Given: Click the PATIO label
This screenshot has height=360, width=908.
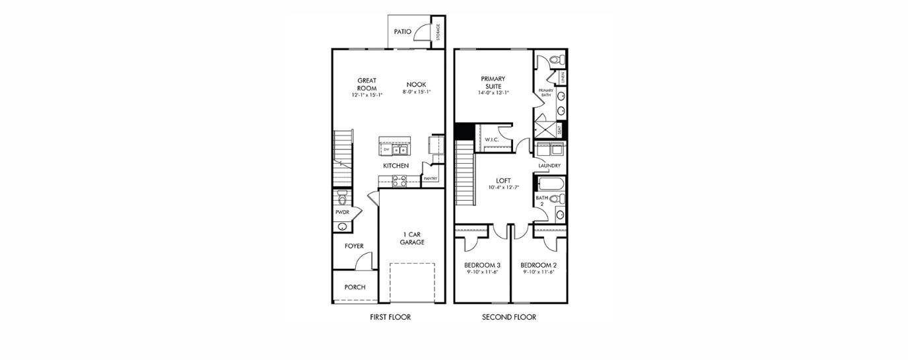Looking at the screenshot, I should click(x=403, y=32).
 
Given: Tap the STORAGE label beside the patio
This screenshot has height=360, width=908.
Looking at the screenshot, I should click(x=438, y=32).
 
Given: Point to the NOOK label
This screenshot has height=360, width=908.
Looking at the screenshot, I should click(x=416, y=85).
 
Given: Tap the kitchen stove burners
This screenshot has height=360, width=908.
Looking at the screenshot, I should click(x=400, y=180).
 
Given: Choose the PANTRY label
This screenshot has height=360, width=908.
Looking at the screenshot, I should click(x=431, y=178).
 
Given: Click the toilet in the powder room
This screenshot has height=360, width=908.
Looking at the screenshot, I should click(x=342, y=198).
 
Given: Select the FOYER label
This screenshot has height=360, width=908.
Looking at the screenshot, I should click(x=354, y=246).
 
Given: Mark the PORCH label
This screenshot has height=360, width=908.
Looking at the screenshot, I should click(x=355, y=287).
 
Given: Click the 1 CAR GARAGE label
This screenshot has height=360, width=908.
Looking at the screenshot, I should click(x=412, y=238).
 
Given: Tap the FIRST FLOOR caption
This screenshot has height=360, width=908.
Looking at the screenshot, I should click(x=390, y=318).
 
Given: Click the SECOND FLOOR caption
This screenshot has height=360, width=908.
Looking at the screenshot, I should click(x=508, y=318).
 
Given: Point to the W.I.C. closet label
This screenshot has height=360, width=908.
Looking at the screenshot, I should click(x=491, y=140).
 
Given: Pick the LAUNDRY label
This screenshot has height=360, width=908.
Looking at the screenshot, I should click(x=549, y=166).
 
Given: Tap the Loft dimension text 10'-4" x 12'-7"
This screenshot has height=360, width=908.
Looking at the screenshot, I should click(x=504, y=188).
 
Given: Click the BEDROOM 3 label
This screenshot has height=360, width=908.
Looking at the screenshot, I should click(x=482, y=265).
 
